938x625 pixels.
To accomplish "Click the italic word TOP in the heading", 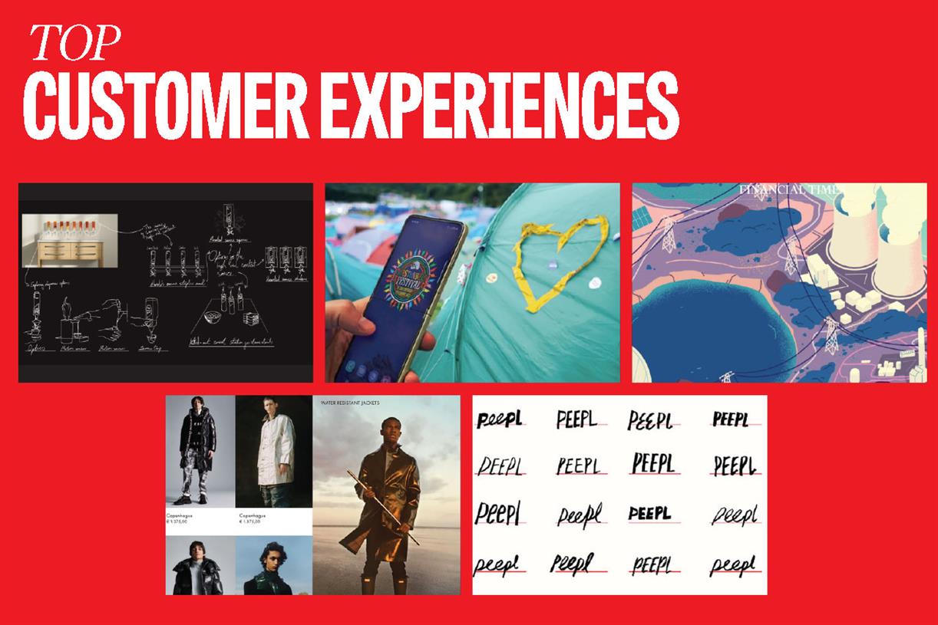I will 75,44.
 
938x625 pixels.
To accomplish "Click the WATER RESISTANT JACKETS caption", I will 347,401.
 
